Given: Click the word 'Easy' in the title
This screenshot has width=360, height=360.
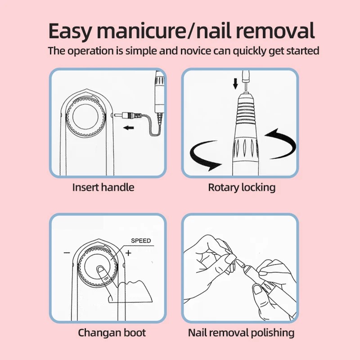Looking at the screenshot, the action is click(x=70, y=31).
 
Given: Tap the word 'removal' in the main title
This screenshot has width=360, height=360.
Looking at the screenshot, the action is click(x=275, y=31).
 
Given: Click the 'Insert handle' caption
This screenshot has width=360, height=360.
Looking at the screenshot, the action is click(x=103, y=187).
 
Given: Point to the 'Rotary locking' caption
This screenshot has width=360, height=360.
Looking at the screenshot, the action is click(x=242, y=188).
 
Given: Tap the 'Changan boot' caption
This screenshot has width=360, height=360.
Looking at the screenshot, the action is click(x=112, y=333).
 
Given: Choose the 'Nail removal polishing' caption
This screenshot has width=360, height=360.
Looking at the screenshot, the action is click(x=241, y=333).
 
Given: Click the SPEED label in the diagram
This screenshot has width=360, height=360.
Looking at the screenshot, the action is click(x=141, y=241).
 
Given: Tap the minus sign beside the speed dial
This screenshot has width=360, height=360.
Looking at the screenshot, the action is click(x=67, y=253).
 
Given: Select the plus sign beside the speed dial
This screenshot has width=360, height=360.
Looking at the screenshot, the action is click(x=128, y=253).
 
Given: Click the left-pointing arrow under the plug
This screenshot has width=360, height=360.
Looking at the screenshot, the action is click(x=129, y=127).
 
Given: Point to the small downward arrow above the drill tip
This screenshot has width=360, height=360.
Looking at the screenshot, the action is click(x=235, y=84).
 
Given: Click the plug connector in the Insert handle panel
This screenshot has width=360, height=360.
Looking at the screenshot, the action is click(x=128, y=115).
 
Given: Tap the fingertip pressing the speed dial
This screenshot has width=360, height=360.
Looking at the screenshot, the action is click(x=100, y=269).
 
